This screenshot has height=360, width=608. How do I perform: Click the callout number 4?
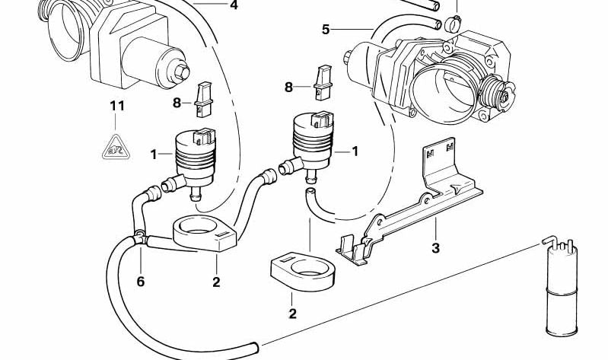point(234,5)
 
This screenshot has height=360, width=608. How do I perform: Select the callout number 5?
point(326,30)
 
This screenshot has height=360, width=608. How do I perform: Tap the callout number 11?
point(116,107)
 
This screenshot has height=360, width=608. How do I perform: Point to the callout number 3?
point(435,248)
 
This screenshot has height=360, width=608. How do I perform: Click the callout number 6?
point(140,282)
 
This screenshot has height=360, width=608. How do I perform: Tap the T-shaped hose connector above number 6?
point(139,236)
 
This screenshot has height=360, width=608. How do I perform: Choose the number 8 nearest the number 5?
point(288,88)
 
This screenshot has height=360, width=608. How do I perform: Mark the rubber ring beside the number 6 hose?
point(204,232)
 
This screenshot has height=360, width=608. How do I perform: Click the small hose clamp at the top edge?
point(456,16)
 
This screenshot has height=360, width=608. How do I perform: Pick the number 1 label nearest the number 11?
point(154,155)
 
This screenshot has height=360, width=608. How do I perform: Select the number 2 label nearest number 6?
point(216,282)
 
